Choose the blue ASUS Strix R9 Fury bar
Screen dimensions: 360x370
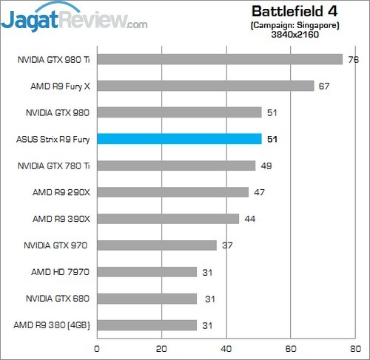point(179,139)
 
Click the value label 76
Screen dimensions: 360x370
point(353,59)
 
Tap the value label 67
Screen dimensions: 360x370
point(324,86)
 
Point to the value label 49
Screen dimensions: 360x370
point(266,166)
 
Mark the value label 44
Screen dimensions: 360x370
point(249,219)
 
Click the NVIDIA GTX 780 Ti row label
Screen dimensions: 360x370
point(53,166)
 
